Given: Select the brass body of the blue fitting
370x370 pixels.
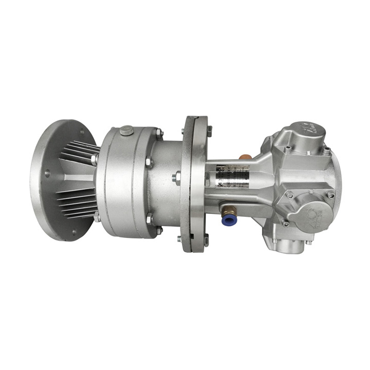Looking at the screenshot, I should point(230,210).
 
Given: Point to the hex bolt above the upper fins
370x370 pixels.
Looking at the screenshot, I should point(94,160).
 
